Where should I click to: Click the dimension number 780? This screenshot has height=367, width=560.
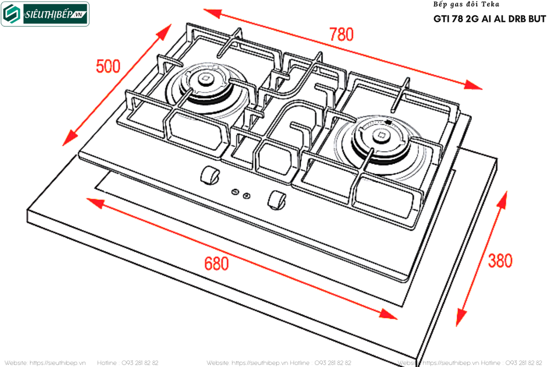341,34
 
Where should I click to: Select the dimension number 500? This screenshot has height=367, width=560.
108,66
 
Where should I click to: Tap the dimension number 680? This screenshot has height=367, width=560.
217,263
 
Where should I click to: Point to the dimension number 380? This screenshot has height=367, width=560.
500,261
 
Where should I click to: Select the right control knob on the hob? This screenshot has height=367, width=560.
277,200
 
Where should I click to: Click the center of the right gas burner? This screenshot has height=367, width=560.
381,134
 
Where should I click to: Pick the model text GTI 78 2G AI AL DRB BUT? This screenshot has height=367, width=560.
489,19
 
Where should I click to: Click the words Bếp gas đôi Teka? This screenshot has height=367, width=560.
466,4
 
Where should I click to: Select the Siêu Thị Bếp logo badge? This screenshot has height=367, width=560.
45,15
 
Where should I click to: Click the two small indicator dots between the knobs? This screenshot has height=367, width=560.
241,193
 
